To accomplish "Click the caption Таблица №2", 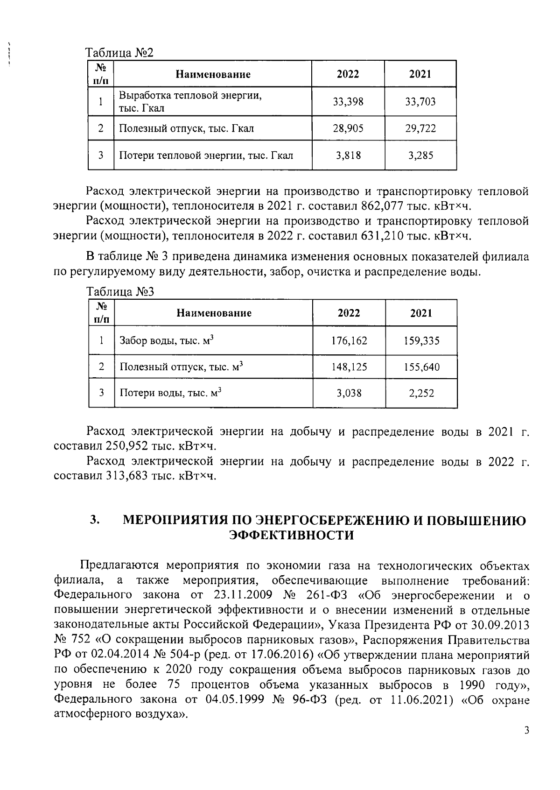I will click(x=119, y=53).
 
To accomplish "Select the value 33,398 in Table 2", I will click(x=348, y=102).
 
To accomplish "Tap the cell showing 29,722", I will click(x=420, y=128).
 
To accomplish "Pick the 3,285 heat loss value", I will click(x=420, y=155).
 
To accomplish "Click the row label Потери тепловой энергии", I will click(x=206, y=155).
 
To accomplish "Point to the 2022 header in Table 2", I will click(x=348, y=74).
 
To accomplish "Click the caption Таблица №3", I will click(x=120, y=292).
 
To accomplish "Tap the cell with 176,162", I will click(x=349, y=341).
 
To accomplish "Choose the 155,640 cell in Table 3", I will click(x=421, y=367).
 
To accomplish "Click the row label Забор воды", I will click(x=166, y=341).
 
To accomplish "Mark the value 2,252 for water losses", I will click(x=421, y=394).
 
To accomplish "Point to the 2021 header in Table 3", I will click(x=421, y=313).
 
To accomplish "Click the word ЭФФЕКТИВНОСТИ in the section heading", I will click(x=291, y=535).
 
